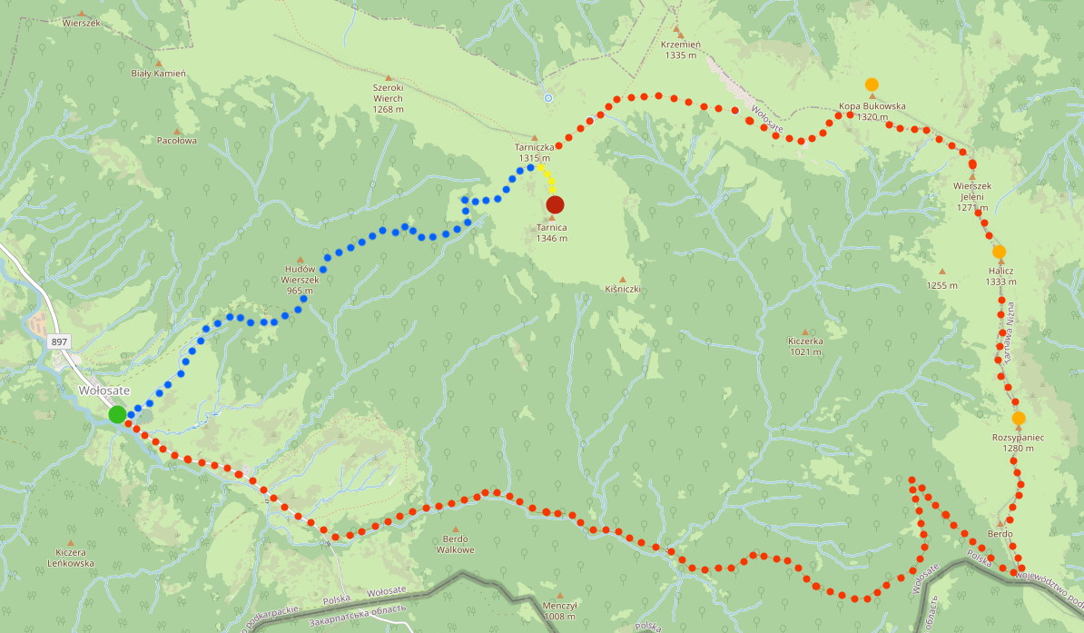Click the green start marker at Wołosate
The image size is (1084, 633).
coord(117,415)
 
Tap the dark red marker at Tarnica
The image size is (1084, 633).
coord(555,204)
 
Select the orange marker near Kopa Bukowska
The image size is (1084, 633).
coord(872,84)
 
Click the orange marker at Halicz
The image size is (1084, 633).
coord(999,252)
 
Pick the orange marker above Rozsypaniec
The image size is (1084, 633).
coord(1019,419)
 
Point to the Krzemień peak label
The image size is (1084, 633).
coord(679,49)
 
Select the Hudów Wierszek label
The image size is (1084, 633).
coord(300,280)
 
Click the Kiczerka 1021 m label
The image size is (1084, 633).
coord(805,346)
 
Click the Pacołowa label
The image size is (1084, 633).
coord(177,141)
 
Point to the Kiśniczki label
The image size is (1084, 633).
coord(623,289)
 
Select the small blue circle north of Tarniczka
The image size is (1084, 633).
coord(547,97)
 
